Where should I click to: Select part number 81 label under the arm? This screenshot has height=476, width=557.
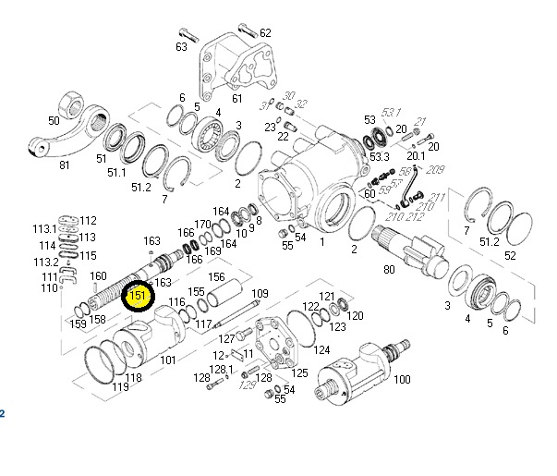(64, 165)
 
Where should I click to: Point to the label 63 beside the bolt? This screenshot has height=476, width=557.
(181, 47)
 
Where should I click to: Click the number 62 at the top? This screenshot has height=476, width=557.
(265, 33)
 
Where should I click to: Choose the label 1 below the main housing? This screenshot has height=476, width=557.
(321, 242)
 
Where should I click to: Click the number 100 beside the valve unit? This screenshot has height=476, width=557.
(402, 379)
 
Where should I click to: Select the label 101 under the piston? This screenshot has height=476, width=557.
(168, 360)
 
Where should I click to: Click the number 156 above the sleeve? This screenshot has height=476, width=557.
(216, 276)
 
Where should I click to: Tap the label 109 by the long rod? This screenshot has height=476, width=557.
(260, 293)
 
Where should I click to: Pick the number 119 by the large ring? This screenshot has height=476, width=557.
(120, 387)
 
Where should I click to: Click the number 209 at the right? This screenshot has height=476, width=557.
(437, 169)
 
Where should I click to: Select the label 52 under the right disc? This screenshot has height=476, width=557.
(510, 255)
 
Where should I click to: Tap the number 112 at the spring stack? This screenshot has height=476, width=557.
(88, 220)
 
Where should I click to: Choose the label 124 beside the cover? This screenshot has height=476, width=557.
(321, 350)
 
